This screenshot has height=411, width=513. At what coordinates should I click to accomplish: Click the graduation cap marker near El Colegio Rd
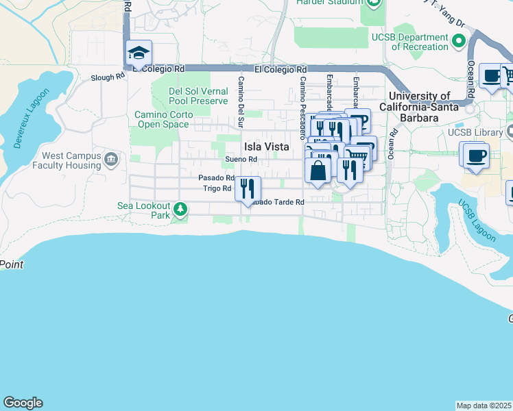(139, 53)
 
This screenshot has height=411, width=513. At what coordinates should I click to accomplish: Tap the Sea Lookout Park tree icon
(180, 208)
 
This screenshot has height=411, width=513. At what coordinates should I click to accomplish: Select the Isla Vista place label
(265, 147)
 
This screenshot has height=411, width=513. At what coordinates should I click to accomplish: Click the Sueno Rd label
(241, 160)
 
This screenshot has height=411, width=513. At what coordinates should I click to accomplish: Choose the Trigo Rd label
(217, 188)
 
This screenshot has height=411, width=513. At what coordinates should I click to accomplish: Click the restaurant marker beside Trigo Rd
(248, 188)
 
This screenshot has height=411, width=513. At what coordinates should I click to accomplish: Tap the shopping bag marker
(318, 170)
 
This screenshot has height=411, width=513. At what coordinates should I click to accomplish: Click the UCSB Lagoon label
(477, 221)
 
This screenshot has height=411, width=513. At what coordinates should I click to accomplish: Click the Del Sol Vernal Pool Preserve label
(199, 96)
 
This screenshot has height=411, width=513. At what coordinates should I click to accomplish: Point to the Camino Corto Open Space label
(161, 119)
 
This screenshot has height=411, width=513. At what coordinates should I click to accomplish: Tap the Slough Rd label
(108, 77)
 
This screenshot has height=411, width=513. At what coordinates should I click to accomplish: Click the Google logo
(23, 403)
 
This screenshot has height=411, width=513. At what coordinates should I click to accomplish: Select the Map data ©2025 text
(484, 406)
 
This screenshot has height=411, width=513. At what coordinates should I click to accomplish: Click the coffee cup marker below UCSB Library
(475, 155)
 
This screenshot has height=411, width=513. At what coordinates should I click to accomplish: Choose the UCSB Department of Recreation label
(419, 42)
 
